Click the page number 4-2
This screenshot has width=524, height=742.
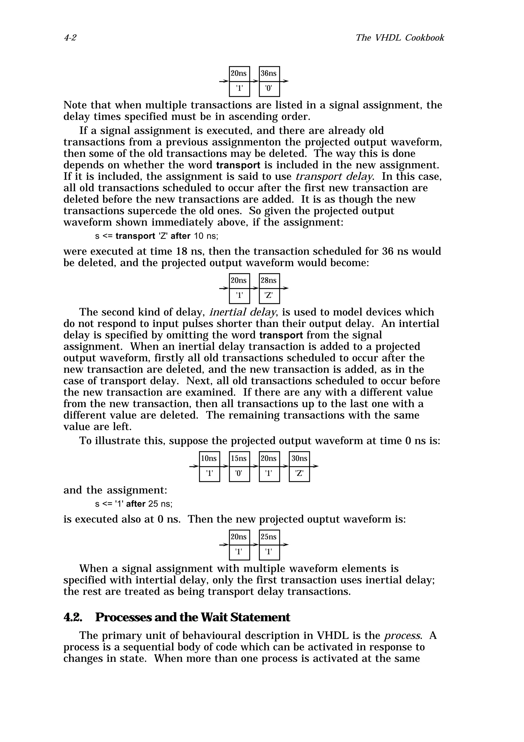[x=70, y=38]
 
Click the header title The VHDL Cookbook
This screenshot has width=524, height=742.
[x=399, y=38]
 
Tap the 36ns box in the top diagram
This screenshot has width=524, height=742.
[x=269, y=74]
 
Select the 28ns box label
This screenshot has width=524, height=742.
[x=269, y=281]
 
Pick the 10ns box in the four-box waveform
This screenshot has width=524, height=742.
[x=209, y=459]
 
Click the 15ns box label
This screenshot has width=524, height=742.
[x=239, y=459]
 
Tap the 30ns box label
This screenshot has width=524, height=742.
[x=299, y=459]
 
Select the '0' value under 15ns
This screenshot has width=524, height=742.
[x=239, y=473]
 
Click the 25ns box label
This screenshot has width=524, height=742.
[x=269, y=537]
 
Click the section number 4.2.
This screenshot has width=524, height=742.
[x=73, y=618]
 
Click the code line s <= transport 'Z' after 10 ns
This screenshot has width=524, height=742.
[x=157, y=236]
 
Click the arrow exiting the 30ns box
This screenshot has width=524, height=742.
[x=314, y=466]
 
